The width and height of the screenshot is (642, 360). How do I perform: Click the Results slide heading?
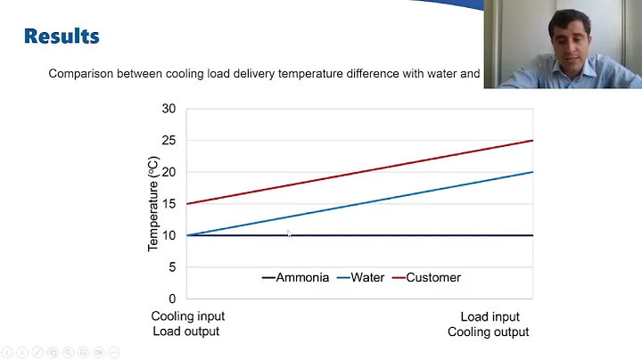click(62, 37)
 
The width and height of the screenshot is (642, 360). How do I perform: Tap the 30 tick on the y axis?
click(169, 109)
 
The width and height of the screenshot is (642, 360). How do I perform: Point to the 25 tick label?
click(169, 141)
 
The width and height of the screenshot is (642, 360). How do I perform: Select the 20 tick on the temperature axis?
click(169, 172)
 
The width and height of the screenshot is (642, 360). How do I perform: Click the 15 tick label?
click(169, 204)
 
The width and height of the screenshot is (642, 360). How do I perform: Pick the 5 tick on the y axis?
click(172, 267)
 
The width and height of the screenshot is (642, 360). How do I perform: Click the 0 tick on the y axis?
click(172, 299)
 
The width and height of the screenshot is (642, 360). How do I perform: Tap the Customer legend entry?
click(433, 277)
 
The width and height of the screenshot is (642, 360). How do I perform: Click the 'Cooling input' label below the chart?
click(187, 316)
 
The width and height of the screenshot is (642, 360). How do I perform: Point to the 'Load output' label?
click(185, 331)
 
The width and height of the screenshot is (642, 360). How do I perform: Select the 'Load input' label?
click(490, 316)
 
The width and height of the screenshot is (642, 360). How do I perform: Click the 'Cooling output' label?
click(488, 331)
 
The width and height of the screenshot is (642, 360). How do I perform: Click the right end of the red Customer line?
click(532, 141)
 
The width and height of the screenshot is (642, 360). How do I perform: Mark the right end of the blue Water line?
click(532, 172)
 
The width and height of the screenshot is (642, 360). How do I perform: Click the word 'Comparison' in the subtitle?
click(80, 74)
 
